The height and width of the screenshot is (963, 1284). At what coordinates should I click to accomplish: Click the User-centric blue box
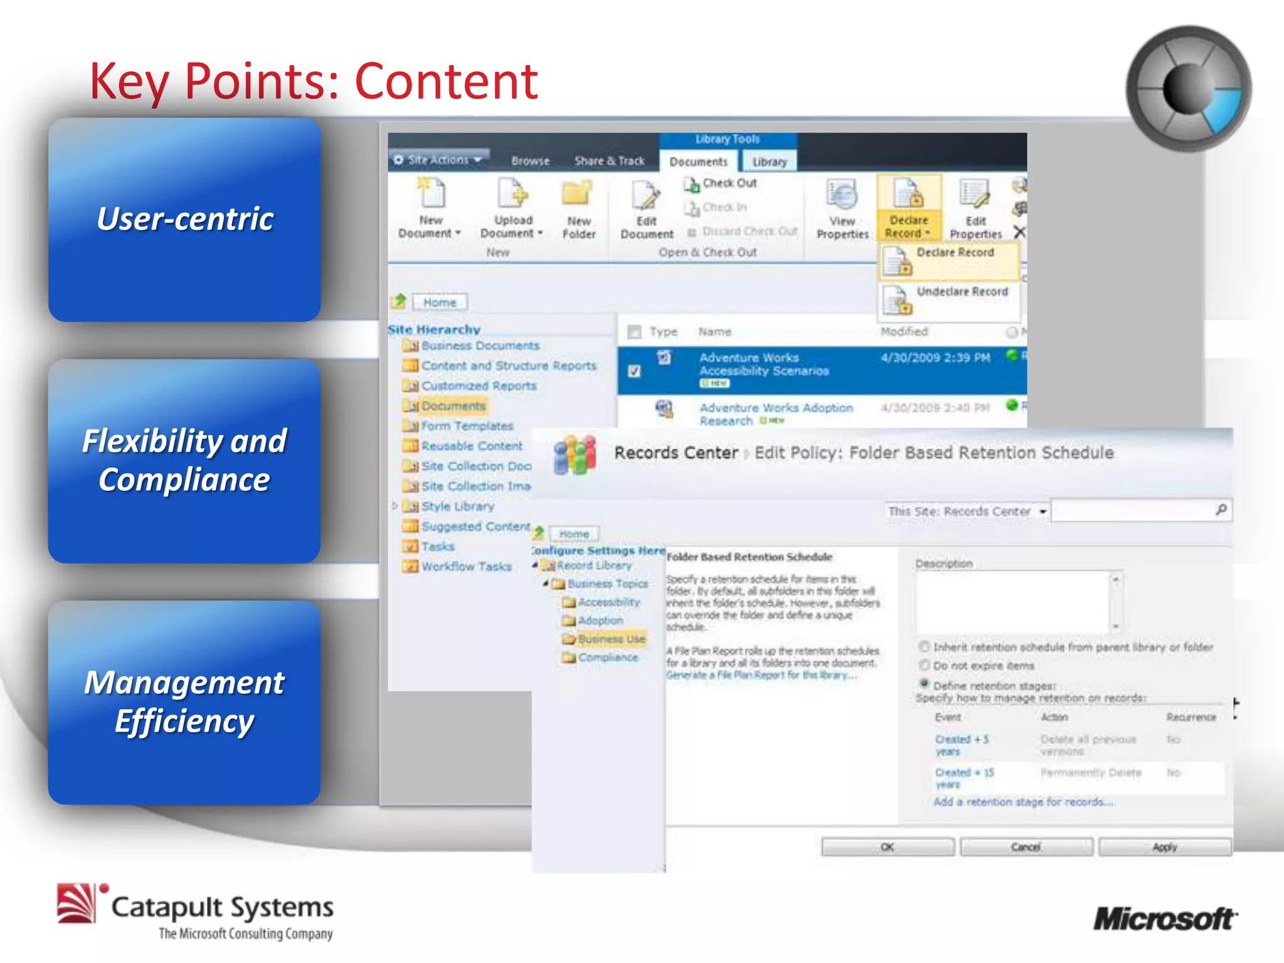tap(184, 219)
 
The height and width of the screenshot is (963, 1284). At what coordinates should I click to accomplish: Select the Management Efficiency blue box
tap(184, 702)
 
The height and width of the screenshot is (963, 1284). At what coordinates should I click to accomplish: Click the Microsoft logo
tap(1165, 919)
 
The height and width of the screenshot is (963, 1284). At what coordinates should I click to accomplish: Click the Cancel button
tap(1026, 847)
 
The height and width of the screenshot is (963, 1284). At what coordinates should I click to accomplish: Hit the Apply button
tap(1164, 847)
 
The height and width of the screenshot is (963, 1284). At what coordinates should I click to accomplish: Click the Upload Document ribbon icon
tap(512, 195)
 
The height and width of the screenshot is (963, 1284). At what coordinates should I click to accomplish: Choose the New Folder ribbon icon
tap(577, 195)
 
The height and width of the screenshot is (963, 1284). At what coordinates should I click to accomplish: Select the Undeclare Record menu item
tap(961, 292)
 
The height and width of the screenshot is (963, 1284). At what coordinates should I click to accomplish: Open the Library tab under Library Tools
tap(769, 162)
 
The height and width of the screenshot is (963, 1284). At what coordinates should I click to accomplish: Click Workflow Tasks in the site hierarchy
tap(466, 567)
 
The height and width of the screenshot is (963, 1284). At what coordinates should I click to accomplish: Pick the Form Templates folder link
tap(467, 426)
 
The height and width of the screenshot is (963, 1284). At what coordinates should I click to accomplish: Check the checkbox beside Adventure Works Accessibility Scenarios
tap(634, 371)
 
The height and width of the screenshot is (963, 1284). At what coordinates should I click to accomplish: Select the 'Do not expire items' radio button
tap(924, 665)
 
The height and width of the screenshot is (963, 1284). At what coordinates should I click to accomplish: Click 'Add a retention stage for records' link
tap(1023, 802)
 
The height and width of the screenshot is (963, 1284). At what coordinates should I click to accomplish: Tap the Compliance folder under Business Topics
tap(608, 658)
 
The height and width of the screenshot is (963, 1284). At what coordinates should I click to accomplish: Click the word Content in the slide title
tap(446, 82)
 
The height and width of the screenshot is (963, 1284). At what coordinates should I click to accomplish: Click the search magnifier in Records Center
tap(1221, 510)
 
